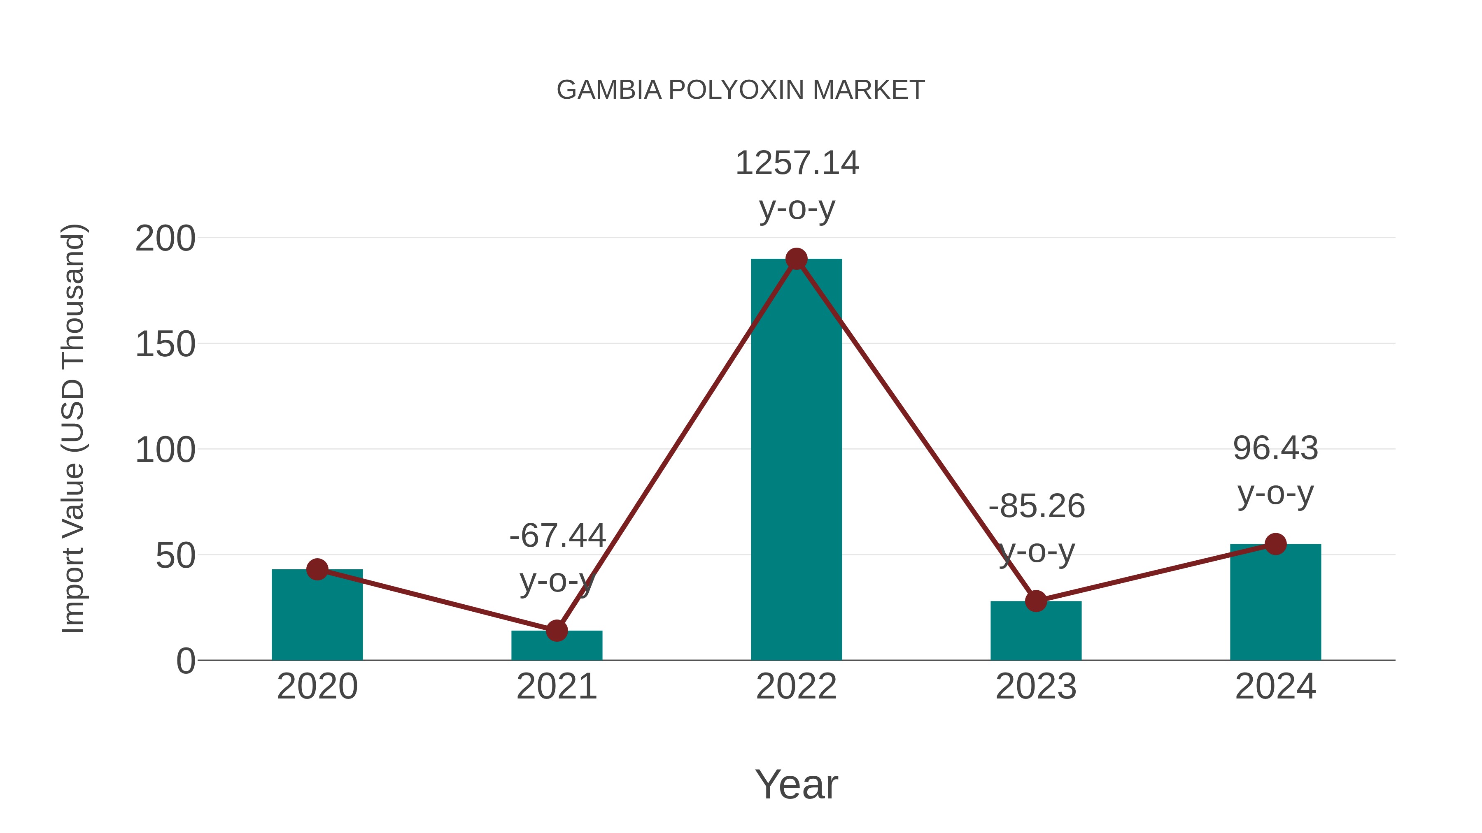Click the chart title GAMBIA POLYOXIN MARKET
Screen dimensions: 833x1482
click(x=741, y=90)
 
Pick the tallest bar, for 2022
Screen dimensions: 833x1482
click(x=796, y=460)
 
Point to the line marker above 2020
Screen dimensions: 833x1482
click(x=317, y=569)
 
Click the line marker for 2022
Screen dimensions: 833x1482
click(x=796, y=259)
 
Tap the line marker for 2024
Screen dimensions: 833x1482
click(x=1275, y=544)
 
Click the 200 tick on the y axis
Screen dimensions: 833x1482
click(x=165, y=239)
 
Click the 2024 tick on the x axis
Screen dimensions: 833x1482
click(x=1275, y=687)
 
